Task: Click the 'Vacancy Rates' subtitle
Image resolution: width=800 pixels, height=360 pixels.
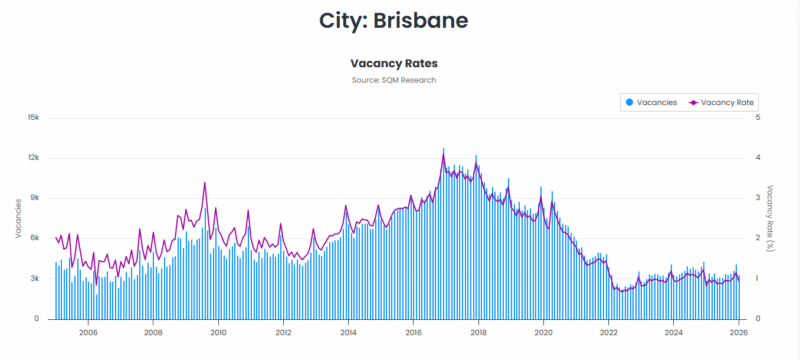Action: tap(394, 62)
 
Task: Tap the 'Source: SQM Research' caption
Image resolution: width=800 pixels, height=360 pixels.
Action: tap(394, 80)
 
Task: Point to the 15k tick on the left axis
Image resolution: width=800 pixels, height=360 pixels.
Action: tap(32, 117)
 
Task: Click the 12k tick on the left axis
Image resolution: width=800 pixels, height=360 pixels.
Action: tap(32, 158)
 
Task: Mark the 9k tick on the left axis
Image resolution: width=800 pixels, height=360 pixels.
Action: tap(33, 198)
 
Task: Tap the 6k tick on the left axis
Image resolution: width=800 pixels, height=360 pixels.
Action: tap(33, 238)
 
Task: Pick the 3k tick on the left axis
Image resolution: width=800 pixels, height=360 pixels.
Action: tap(33, 279)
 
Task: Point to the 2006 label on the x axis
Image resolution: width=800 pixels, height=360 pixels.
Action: tap(88, 333)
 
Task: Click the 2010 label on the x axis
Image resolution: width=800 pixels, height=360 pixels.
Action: tap(218, 333)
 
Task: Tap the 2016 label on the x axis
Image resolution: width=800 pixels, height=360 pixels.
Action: tap(413, 333)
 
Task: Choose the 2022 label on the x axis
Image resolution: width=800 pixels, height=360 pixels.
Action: tap(609, 333)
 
